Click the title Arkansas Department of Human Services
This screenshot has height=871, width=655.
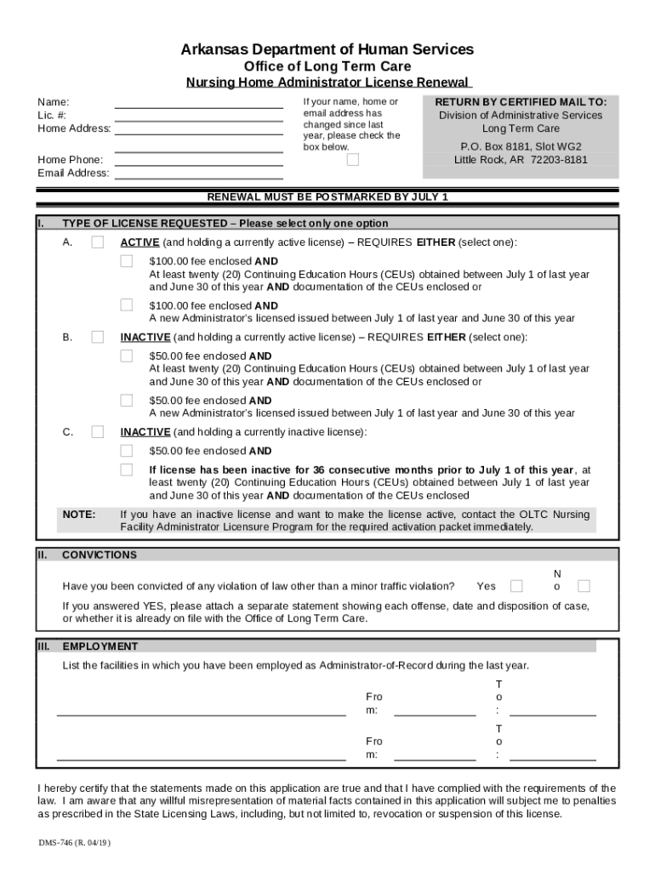click(327, 49)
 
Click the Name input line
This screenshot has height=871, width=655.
click(198, 103)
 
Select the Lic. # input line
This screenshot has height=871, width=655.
click(198, 117)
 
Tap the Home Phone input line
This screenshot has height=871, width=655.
click(198, 160)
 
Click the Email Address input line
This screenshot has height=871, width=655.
click(198, 174)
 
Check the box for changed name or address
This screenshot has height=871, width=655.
click(353, 160)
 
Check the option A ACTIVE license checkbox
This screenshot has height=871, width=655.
click(98, 242)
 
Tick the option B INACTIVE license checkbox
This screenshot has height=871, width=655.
click(98, 337)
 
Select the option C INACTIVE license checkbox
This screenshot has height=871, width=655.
click(98, 431)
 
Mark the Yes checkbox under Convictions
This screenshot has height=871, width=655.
click(516, 586)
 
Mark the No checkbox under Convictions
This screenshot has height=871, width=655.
click(584, 586)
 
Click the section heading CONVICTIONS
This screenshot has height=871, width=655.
click(100, 555)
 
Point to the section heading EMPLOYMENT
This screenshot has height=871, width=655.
click(100, 646)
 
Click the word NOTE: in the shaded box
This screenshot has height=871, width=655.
click(79, 515)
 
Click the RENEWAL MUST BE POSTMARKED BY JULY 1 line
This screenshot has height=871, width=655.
click(327, 197)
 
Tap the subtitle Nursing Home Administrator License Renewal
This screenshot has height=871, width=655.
click(327, 83)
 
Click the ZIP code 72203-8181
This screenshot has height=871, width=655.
click(559, 160)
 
